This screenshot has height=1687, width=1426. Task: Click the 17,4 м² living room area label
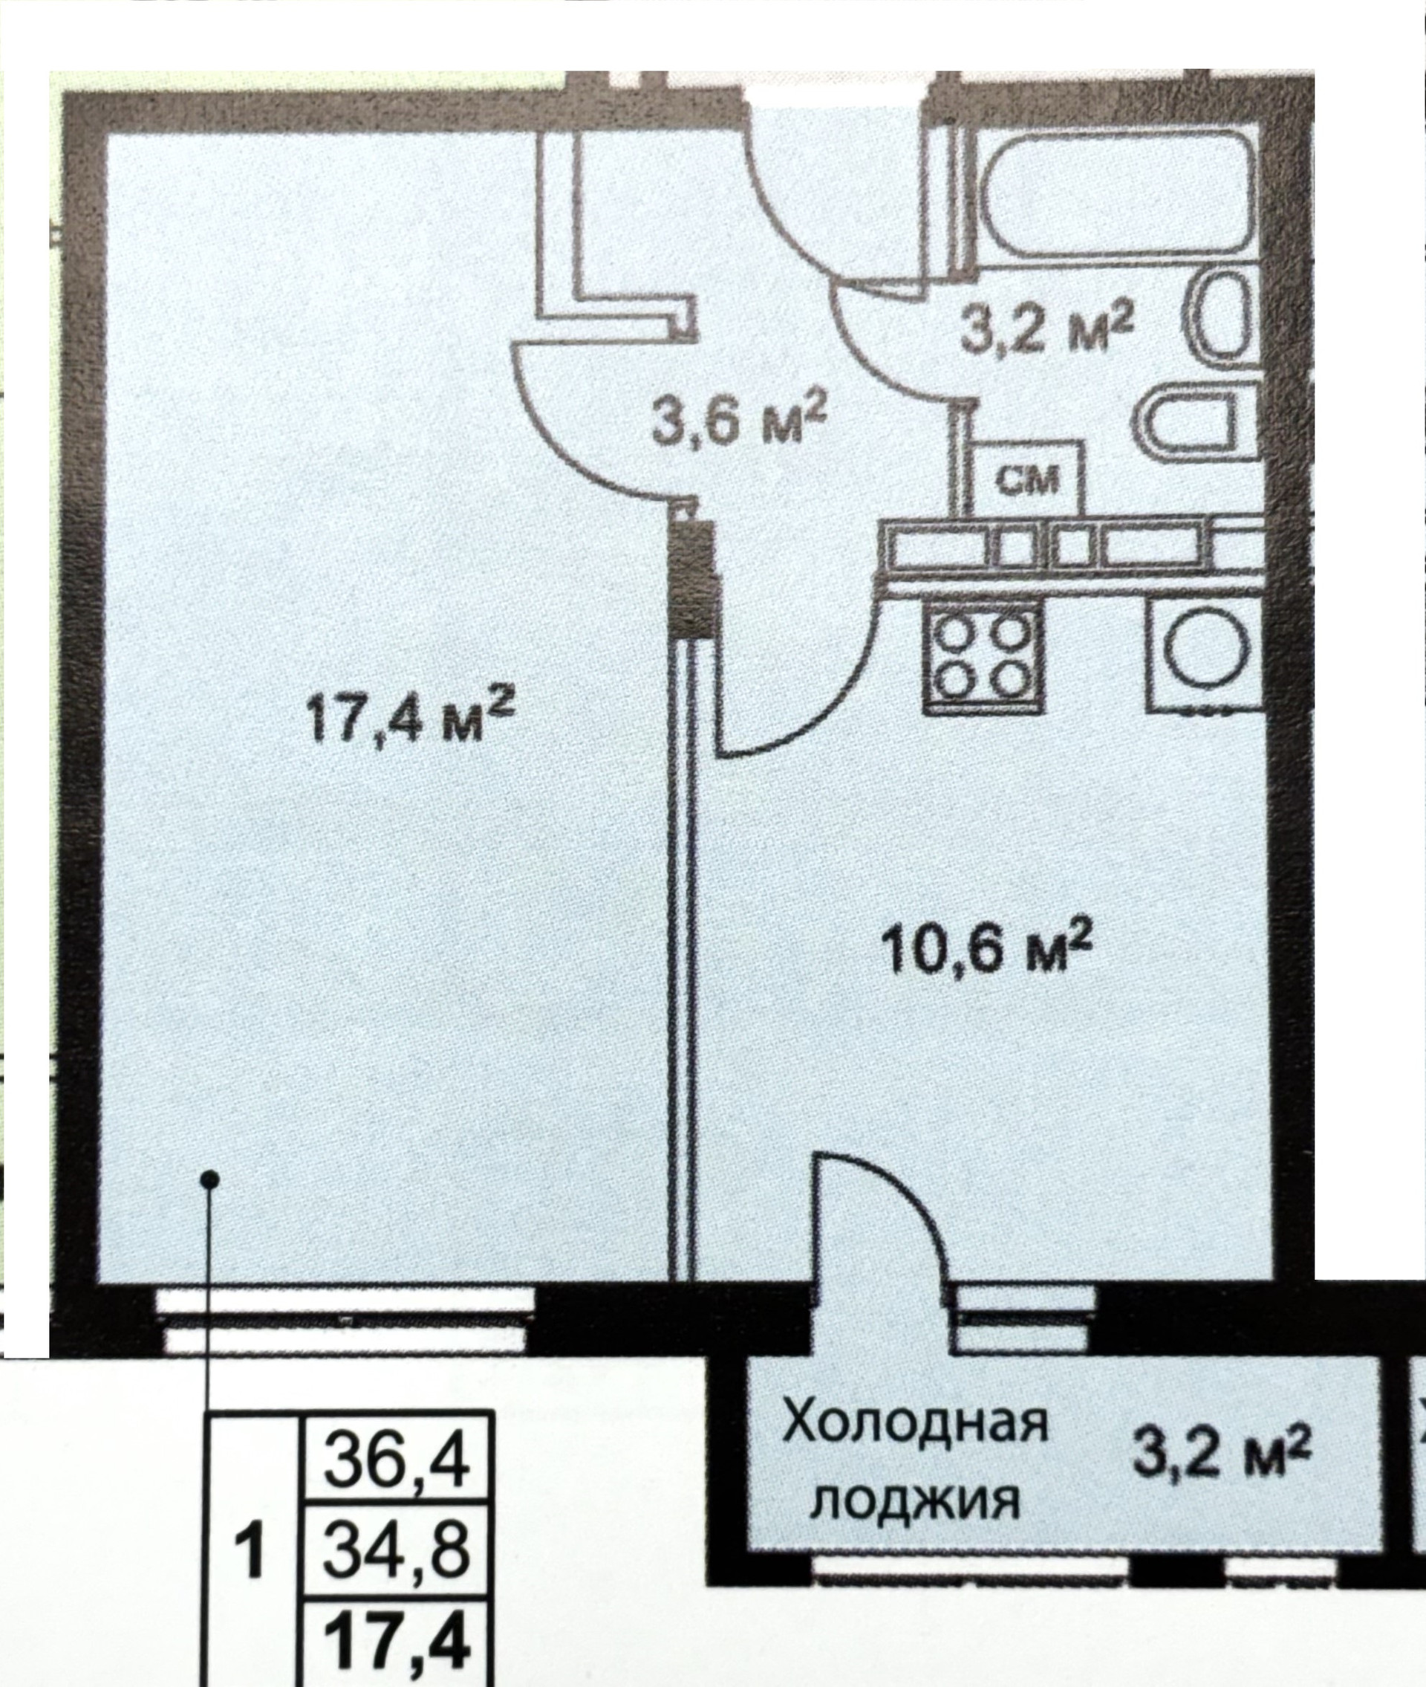click(x=410, y=715)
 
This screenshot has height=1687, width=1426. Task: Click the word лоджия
click(x=916, y=1478)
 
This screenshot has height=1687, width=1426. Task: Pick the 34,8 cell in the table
click(x=396, y=1575)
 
